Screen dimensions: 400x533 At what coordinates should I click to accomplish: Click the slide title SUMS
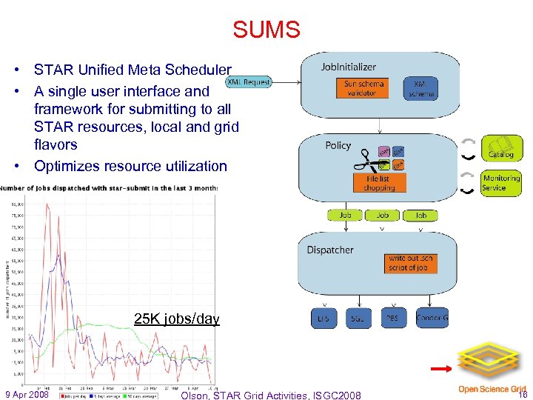click(x=266, y=30)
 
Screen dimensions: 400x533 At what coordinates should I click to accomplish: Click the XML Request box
click(x=248, y=81)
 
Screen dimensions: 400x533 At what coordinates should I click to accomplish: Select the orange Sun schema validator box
click(x=364, y=88)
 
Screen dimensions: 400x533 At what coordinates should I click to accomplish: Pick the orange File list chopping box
click(x=378, y=182)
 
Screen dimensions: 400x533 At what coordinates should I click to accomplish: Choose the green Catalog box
click(x=502, y=147)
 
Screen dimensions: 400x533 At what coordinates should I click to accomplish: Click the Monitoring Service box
click(x=501, y=182)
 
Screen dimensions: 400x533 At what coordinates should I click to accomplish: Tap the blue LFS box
click(x=324, y=319)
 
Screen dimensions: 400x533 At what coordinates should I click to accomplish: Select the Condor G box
click(x=432, y=319)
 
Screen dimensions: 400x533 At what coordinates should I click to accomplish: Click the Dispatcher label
click(x=330, y=250)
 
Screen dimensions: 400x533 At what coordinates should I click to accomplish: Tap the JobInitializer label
click(x=349, y=67)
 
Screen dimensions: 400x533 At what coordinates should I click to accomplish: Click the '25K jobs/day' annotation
click(x=176, y=319)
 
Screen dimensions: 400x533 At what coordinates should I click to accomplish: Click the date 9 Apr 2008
click(x=27, y=393)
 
